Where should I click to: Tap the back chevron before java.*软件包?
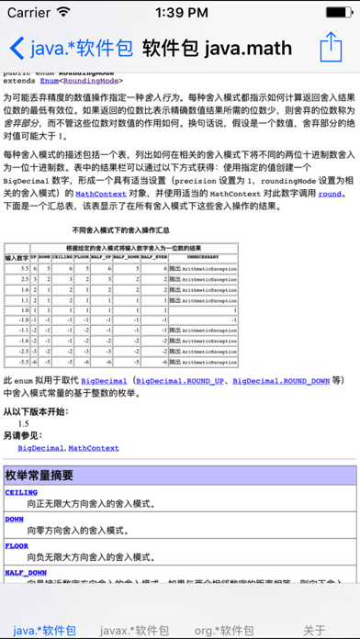(16, 48)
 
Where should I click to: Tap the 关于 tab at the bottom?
(315, 630)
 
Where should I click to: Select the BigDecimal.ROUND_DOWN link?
(282, 379)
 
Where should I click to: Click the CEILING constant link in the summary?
(22, 493)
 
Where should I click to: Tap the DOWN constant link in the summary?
(15, 519)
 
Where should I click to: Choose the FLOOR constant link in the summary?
(17, 545)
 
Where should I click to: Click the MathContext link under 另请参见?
(94, 447)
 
